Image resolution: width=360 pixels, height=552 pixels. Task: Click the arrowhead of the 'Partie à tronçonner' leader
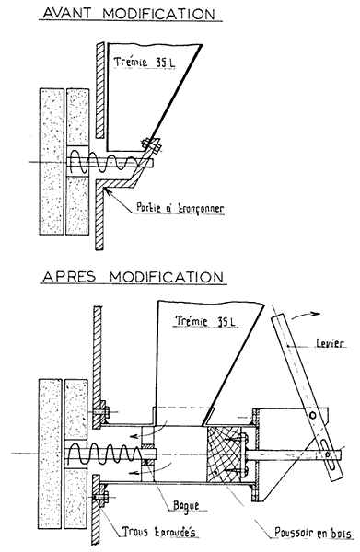coord(108,189)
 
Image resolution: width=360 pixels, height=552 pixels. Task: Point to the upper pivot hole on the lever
coord(317,415)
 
